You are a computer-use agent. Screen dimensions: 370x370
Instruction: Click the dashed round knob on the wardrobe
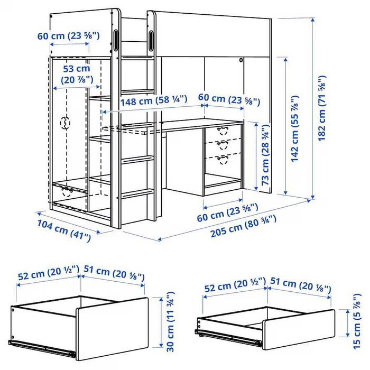coord(66,123)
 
